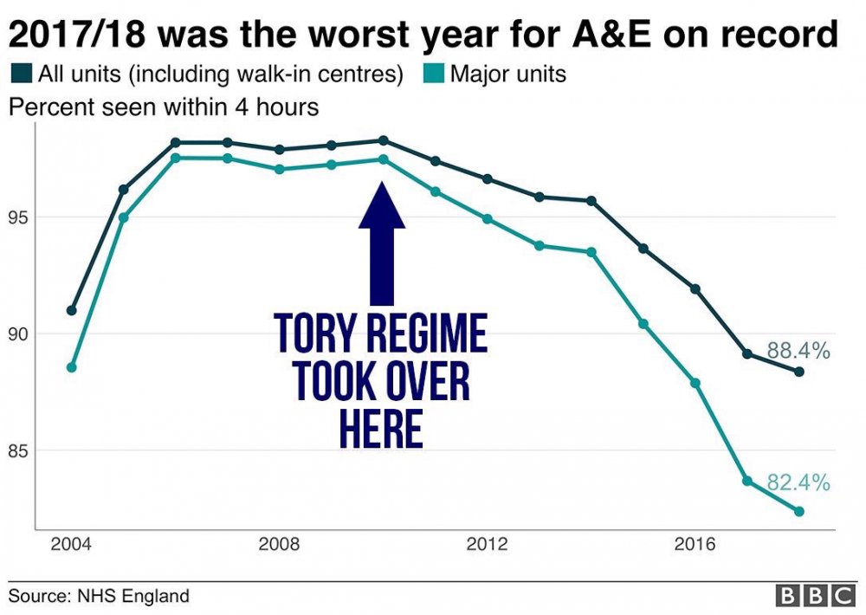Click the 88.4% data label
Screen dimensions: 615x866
point(798,352)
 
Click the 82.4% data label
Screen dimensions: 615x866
point(798,483)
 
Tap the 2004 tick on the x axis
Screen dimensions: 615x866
point(71,545)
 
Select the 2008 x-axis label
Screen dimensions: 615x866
point(279,545)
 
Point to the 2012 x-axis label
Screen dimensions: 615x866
point(487,545)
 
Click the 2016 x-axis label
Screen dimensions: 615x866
point(695,545)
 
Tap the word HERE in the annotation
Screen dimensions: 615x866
point(381,429)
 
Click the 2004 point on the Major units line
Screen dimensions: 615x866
point(71,367)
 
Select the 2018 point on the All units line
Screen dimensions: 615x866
point(799,372)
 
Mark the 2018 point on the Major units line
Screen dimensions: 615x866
point(799,511)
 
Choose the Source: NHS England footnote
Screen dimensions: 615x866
point(99,596)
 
